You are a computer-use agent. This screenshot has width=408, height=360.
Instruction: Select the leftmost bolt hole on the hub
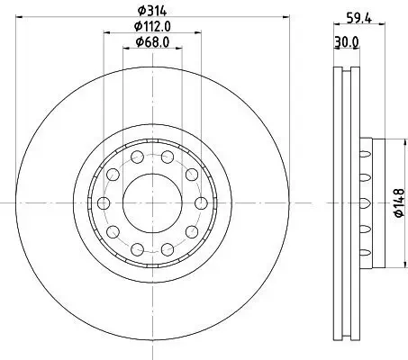102,202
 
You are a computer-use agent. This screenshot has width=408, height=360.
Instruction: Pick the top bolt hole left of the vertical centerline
136,157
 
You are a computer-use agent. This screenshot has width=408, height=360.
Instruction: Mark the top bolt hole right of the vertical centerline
168,157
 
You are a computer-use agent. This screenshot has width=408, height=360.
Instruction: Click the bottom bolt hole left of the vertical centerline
136,247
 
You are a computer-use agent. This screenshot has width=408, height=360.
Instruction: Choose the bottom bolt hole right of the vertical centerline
168,247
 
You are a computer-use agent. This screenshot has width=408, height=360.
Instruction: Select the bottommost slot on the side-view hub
365,251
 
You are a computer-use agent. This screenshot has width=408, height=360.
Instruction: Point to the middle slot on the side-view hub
365,202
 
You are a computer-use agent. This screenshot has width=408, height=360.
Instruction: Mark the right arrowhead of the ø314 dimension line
282,19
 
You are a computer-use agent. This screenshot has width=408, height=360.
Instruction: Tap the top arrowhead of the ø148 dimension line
385,140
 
